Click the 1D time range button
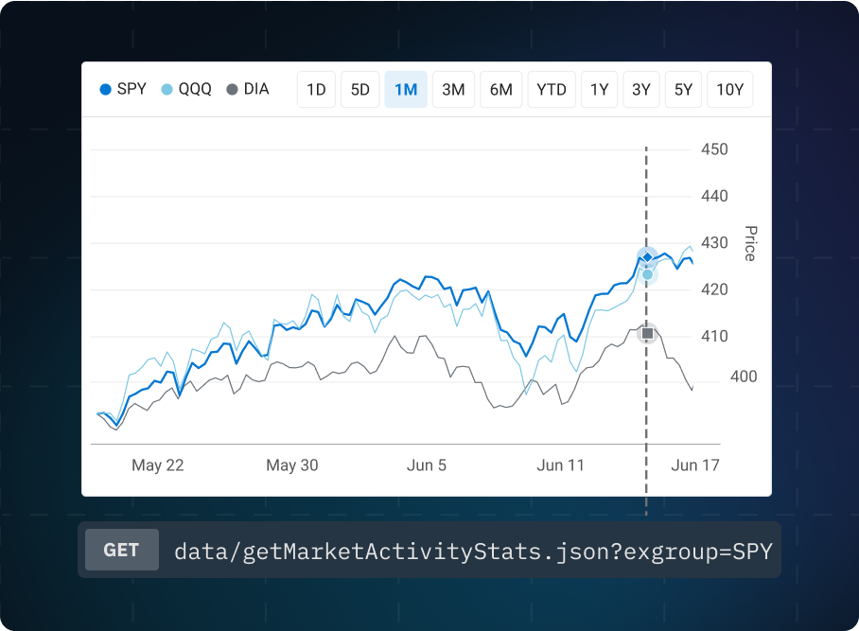click(x=316, y=90)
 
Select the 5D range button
click(x=360, y=90)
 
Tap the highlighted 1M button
click(x=406, y=90)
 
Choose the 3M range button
click(x=453, y=90)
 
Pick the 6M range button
click(x=501, y=90)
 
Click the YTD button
click(x=552, y=90)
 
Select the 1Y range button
click(x=600, y=90)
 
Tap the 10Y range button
click(x=730, y=90)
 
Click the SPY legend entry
click(x=123, y=90)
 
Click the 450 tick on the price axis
click(x=714, y=149)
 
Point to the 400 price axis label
click(x=744, y=377)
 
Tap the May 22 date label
click(x=158, y=465)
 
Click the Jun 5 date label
click(x=427, y=465)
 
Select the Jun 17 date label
click(x=696, y=465)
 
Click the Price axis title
click(x=750, y=243)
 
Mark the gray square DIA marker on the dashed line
click(x=647, y=333)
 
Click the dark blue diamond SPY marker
click(x=647, y=257)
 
